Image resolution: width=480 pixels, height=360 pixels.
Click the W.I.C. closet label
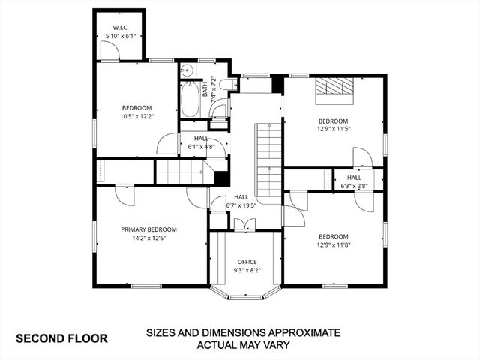pos(120,26)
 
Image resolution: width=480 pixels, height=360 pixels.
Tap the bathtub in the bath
pos(190,101)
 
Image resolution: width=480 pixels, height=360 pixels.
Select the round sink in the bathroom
pos(187,72)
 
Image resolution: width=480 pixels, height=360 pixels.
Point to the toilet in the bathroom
pos(218,111)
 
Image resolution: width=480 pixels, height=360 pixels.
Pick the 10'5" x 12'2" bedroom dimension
pos(137,116)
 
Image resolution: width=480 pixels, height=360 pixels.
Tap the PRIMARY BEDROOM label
pos(148,229)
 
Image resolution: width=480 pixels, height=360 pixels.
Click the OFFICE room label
pos(247,262)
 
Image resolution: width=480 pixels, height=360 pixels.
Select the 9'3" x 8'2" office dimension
pos(247,270)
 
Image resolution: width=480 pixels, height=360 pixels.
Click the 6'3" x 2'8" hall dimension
pos(354,186)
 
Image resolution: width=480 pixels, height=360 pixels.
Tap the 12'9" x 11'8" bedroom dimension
pos(333,244)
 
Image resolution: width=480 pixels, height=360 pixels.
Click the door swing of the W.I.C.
pos(109,50)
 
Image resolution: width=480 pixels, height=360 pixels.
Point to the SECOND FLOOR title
pos(61,337)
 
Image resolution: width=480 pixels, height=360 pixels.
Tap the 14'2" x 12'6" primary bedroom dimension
pos(148,238)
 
